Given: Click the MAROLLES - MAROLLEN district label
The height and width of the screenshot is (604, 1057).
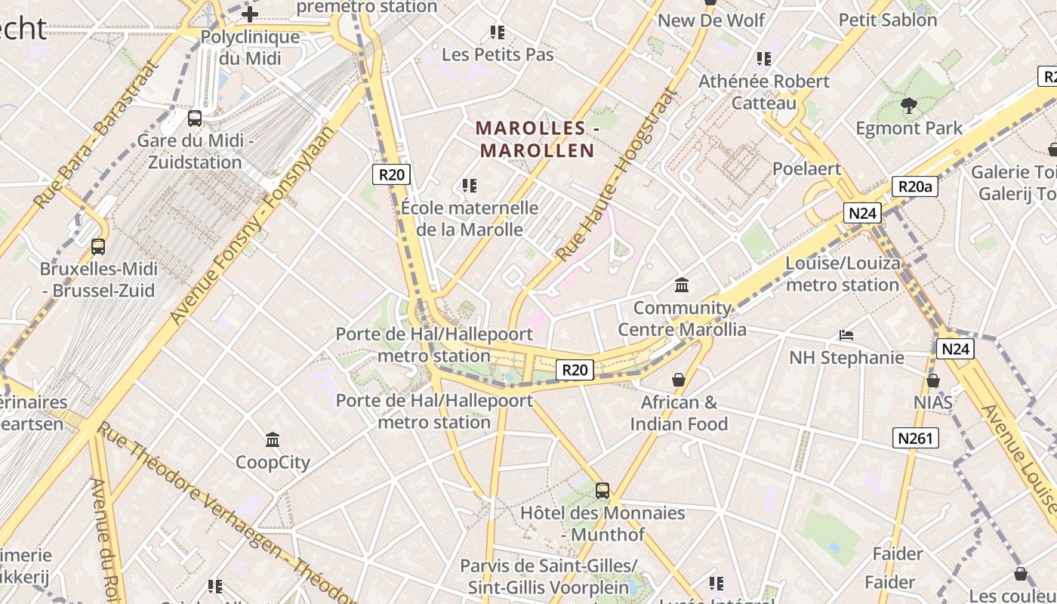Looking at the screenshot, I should point(538,140).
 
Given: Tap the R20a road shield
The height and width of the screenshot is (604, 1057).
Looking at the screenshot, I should point(914,186).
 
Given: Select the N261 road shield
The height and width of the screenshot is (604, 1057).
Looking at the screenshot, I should point(915,438).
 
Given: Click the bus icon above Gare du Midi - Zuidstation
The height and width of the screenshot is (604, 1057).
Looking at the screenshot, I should point(195,119).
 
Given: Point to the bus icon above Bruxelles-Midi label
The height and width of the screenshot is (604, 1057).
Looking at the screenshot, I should point(98,246).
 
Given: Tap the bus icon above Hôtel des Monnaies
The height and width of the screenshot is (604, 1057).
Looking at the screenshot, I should point(602,491).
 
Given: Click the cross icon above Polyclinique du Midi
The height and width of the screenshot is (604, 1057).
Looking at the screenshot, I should point(250,14).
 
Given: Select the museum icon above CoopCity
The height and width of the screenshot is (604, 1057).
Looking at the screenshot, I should point(273,439).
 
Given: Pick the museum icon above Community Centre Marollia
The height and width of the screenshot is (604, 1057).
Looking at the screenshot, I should point(682,285).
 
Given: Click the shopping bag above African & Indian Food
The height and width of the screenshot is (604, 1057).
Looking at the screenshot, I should point(678,379).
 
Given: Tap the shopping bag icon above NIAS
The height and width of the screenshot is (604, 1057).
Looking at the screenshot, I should point(933,380).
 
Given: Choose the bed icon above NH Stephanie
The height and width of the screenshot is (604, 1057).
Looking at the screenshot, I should point(846,334).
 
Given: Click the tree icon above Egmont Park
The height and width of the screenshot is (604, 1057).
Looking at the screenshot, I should point(909,106).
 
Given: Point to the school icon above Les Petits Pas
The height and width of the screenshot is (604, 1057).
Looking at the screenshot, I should point(497,32).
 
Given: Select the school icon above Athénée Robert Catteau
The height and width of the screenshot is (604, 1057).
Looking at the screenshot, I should point(763,58).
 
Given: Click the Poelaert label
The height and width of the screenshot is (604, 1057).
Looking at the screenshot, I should point(806,168).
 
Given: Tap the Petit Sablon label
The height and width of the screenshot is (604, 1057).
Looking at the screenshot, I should point(888,20).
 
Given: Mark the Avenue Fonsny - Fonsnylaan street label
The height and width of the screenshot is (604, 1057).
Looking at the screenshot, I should point(252,226).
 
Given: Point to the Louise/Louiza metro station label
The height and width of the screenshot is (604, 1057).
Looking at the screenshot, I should point(843,274).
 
